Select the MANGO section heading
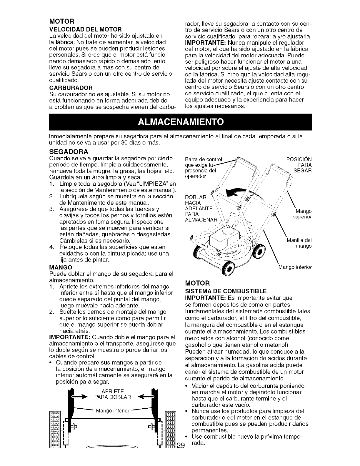[61, 267]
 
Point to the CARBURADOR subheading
[71, 88]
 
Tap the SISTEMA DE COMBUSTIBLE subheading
[225, 291]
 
